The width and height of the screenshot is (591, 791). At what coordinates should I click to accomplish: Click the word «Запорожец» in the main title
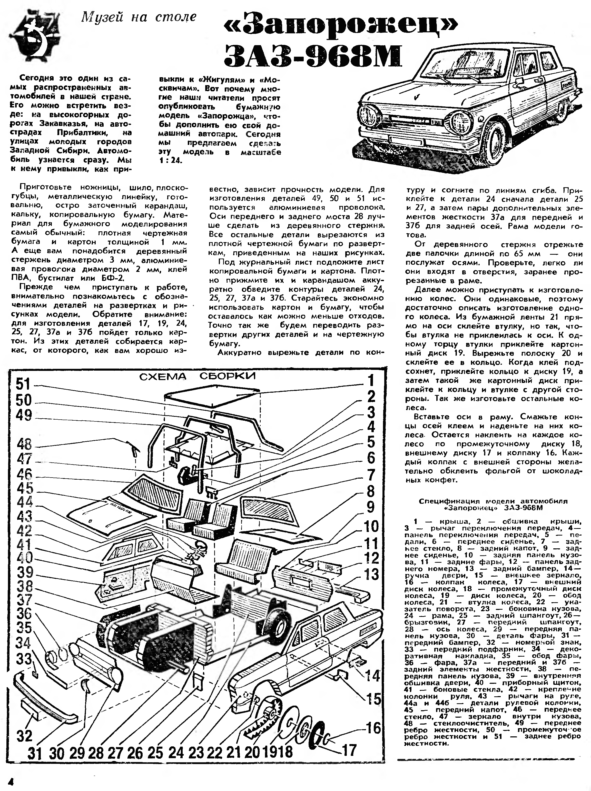[341, 25]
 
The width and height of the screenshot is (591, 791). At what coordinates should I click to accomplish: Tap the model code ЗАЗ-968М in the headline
[313, 56]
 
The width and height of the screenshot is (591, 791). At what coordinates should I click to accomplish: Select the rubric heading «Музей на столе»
[139, 17]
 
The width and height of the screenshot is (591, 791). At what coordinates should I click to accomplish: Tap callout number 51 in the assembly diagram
[24, 385]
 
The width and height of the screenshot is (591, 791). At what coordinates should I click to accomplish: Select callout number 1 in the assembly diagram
[370, 380]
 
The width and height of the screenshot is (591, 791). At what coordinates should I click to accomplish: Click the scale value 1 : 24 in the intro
[171, 161]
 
